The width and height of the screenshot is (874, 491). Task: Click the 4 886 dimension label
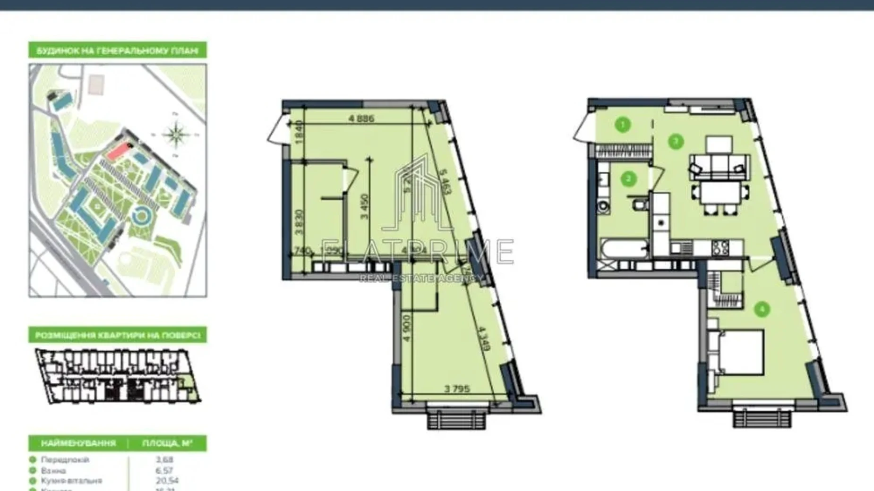point(361,118)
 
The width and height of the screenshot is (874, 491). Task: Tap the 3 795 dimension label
point(457,389)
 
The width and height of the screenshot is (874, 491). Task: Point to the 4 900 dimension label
point(407,328)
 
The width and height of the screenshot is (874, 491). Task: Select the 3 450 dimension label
point(364,206)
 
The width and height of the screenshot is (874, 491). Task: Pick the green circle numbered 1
point(623,125)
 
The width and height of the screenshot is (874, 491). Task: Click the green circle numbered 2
point(628,179)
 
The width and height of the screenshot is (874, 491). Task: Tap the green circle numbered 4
point(762,310)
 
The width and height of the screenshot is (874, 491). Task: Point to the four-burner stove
point(720,247)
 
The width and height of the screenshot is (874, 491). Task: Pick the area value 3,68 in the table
point(164,459)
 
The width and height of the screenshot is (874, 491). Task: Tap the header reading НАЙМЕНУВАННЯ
point(78,443)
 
